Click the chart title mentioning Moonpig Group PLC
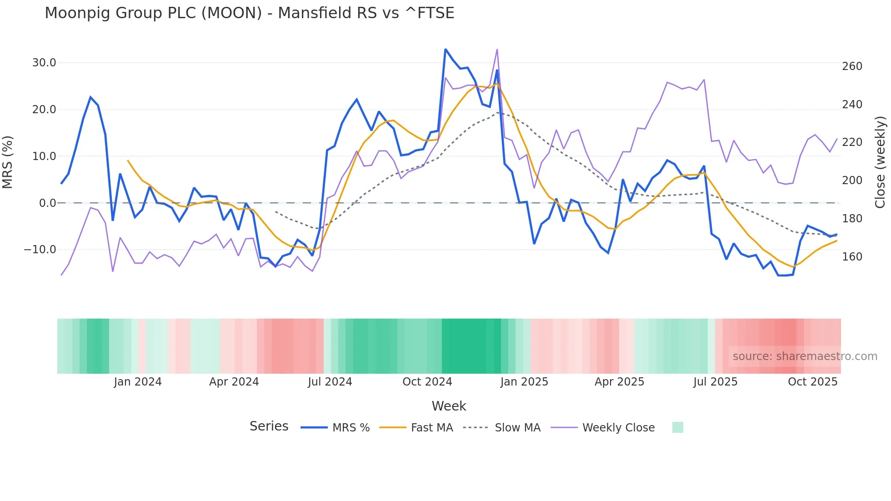pyautogui.click(x=249, y=13)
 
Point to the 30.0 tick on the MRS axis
pyautogui.click(x=44, y=63)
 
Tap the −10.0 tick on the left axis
pyautogui.click(x=40, y=250)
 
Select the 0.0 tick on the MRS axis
pyautogui.click(x=47, y=203)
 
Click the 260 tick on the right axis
pyautogui.click(x=852, y=66)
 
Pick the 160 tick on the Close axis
pyautogui.click(x=852, y=257)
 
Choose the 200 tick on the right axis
pyautogui.click(x=852, y=180)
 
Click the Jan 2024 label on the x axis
pyautogui.click(x=138, y=382)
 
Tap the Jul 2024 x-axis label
pyautogui.click(x=330, y=382)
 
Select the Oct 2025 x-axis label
pyautogui.click(x=812, y=382)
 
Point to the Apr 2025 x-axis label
pyautogui.click(x=619, y=382)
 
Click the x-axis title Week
pyautogui.click(x=449, y=406)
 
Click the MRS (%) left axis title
pyautogui.click(x=8, y=162)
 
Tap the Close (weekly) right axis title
pyautogui.click(x=880, y=162)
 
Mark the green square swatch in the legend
pyautogui.click(x=677, y=427)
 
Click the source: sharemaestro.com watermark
pyautogui.click(x=805, y=356)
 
